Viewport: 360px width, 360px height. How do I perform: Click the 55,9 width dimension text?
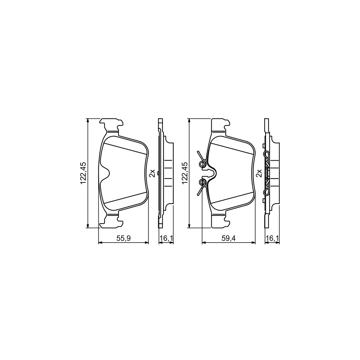tap(123, 238)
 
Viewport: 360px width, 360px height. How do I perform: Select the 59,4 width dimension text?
tap(228, 238)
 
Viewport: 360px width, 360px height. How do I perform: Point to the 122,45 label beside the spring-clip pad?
tap(185, 173)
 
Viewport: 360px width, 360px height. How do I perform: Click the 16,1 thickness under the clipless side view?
tap(166, 238)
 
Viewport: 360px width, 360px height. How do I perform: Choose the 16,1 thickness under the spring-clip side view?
tap(272, 238)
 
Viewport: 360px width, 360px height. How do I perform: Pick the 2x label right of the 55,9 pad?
tap(152, 173)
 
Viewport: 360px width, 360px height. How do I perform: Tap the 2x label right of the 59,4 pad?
tap(259, 173)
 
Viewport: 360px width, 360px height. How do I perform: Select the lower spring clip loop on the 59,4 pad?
tap(202, 182)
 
